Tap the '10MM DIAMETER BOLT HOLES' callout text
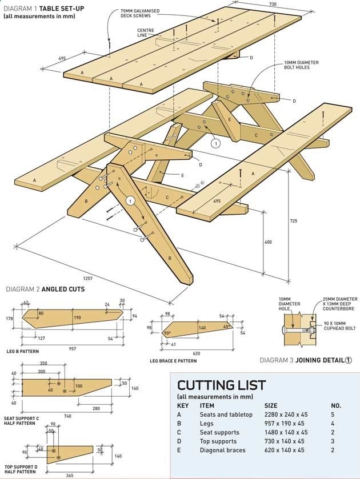coord(304,66)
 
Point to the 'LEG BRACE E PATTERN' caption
coord(173,361)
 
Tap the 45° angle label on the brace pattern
coord(226,327)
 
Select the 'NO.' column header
coord(336,405)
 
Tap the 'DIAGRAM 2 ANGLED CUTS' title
coord(45,289)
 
